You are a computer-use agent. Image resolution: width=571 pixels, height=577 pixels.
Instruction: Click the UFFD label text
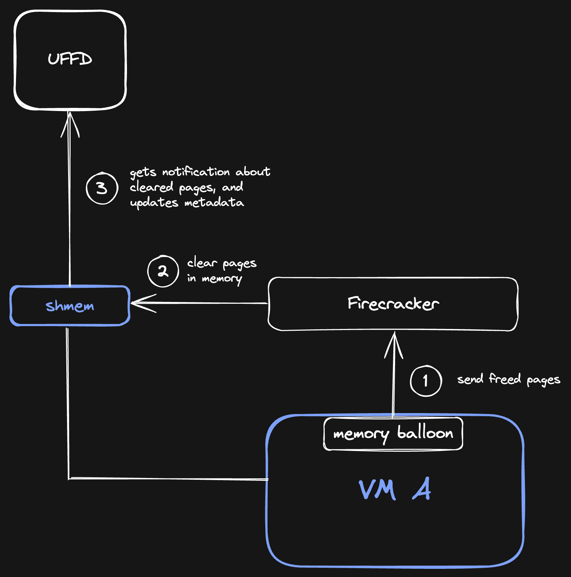(x=70, y=59)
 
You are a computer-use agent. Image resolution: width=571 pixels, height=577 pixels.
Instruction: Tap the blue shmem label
(x=70, y=306)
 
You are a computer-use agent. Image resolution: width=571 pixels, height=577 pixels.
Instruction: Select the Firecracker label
(x=393, y=304)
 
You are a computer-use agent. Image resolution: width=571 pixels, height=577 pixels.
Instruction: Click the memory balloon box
(x=393, y=434)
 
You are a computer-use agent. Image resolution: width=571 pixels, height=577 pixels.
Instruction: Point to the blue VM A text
(x=394, y=489)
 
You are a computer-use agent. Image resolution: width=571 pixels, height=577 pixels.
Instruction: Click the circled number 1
(x=426, y=381)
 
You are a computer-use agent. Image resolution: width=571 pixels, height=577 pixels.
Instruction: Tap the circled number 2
(x=163, y=271)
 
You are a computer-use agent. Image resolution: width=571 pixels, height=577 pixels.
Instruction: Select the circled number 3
(x=102, y=188)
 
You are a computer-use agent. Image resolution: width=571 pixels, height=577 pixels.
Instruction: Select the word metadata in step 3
(x=214, y=203)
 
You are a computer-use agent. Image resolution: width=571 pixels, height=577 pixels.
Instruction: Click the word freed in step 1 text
(x=505, y=379)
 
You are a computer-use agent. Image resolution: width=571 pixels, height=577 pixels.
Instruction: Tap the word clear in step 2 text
(x=202, y=263)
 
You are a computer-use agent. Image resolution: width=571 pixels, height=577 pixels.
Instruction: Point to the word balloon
(x=425, y=433)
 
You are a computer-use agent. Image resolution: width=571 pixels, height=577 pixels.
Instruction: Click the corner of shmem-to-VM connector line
(x=68, y=478)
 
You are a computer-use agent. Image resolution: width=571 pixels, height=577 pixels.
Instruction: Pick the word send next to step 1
(x=470, y=379)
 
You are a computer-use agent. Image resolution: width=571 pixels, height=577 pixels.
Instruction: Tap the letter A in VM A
(x=422, y=489)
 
